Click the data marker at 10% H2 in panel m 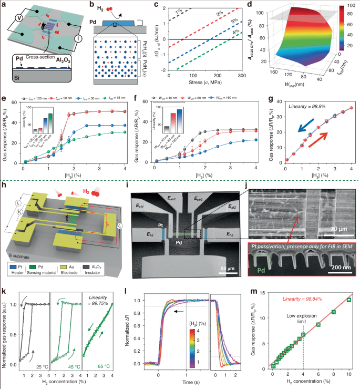point(348,300)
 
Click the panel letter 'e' point(4,97)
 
